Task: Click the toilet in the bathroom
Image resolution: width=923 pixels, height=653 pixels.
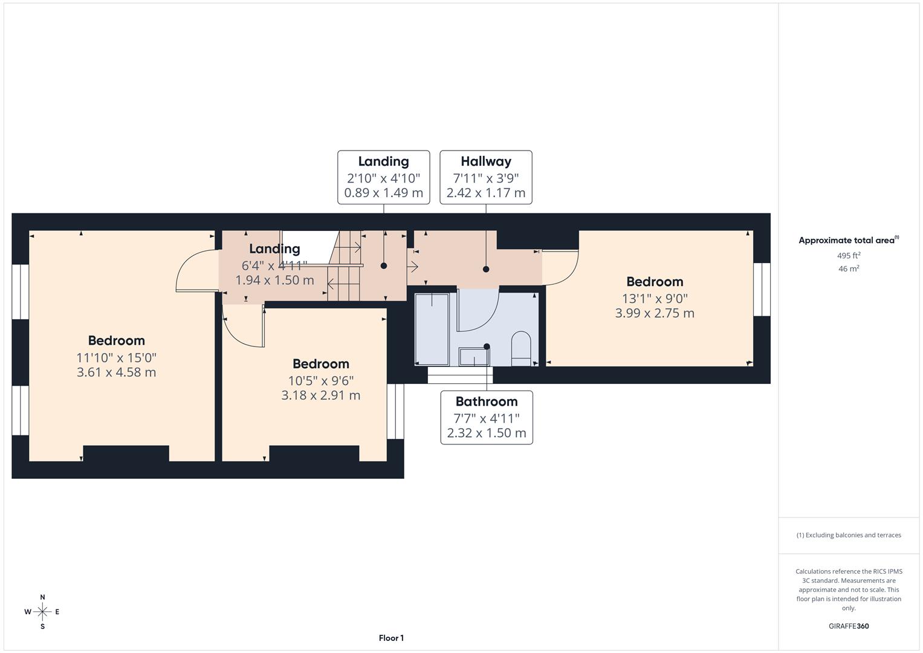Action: [x=520, y=348]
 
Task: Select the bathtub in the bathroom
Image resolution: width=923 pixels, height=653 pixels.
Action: [x=432, y=329]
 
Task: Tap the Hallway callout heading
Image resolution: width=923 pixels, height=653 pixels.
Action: [x=485, y=161]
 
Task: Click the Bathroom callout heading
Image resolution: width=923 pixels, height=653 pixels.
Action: [x=486, y=401]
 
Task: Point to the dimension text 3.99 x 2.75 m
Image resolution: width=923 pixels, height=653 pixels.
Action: [x=655, y=313]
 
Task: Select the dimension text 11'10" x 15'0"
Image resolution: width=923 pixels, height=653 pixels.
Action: [x=116, y=357]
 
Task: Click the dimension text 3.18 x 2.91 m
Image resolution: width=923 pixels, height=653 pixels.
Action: [x=320, y=395]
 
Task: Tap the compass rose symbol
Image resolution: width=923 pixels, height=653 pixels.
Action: [x=42, y=612]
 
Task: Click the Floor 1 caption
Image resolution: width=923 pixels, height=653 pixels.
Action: [x=391, y=638]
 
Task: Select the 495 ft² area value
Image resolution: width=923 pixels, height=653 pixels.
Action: [x=849, y=256]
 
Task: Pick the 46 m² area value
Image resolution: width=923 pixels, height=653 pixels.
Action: [x=849, y=269]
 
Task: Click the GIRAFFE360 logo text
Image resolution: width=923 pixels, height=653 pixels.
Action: [x=848, y=626]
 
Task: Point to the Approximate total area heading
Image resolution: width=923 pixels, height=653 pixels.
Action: [x=848, y=240]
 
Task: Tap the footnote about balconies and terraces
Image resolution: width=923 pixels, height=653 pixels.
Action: [x=848, y=535]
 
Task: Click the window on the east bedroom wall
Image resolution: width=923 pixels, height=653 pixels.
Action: [x=762, y=289]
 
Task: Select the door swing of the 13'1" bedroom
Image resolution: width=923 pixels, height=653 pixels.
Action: [x=561, y=268]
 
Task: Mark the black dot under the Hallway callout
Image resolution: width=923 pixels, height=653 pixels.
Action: [x=486, y=269]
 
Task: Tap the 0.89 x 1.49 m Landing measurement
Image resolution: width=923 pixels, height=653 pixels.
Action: [x=383, y=193]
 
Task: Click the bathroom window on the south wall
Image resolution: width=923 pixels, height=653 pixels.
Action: [x=460, y=375]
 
